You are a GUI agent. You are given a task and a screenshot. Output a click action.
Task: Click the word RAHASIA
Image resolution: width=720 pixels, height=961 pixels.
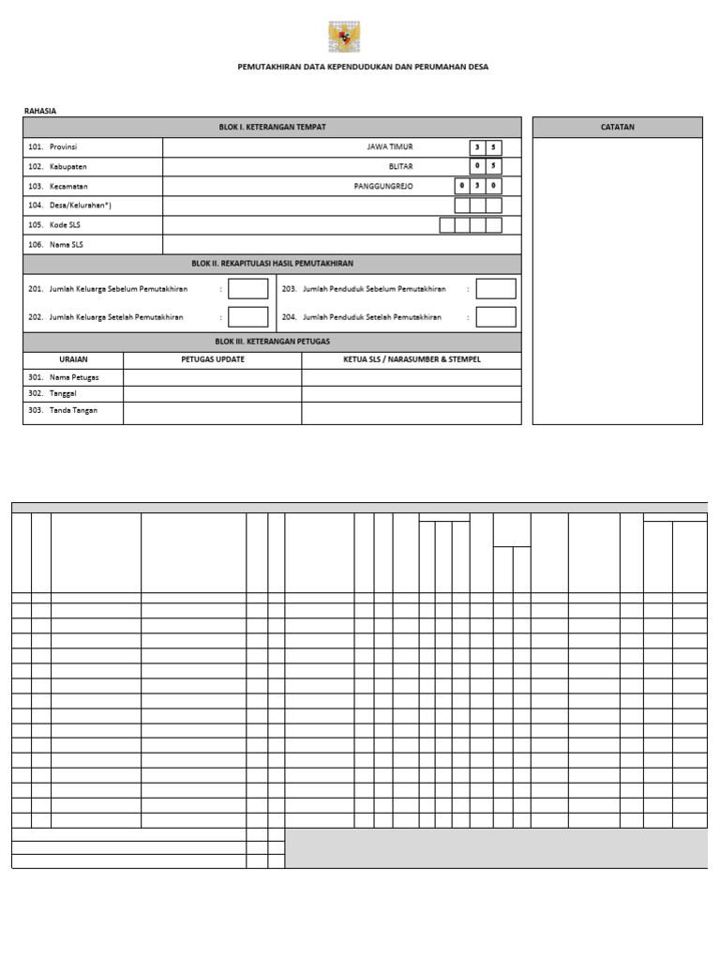[x=40, y=111]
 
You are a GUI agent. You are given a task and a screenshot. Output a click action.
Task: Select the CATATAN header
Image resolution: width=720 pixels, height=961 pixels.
[x=617, y=127]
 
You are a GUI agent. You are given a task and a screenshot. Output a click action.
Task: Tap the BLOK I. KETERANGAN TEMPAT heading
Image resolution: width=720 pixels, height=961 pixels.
[x=272, y=127]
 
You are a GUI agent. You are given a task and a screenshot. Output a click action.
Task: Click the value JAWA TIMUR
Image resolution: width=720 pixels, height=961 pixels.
[x=390, y=147]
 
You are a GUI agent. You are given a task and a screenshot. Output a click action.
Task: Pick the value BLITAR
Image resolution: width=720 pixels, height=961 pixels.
[x=400, y=167]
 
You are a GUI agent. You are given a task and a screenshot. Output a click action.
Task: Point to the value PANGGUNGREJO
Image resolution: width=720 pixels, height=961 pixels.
[x=383, y=186]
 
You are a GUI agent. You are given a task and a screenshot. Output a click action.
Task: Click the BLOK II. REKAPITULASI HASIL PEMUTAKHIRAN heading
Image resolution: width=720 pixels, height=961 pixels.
[x=272, y=264]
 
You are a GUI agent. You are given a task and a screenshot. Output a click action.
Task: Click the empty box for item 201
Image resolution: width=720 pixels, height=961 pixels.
[x=247, y=289]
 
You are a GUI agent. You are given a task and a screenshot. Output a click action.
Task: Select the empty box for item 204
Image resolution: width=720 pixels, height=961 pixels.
[x=495, y=317]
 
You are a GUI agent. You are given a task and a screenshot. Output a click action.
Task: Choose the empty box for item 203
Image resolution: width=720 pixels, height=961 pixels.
[x=495, y=289]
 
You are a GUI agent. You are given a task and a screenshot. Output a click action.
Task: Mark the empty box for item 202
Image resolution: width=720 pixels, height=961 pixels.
[x=247, y=317]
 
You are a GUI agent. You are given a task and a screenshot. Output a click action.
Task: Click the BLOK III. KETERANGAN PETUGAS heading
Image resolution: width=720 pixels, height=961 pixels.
[x=272, y=342]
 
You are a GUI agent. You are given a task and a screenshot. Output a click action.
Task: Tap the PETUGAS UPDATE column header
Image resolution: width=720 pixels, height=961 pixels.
[x=213, y=359]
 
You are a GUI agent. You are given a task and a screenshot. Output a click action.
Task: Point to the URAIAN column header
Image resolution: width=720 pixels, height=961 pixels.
[x=73, y=359]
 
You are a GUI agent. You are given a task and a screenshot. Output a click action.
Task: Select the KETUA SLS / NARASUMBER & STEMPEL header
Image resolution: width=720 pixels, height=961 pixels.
[x=412, y=359]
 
